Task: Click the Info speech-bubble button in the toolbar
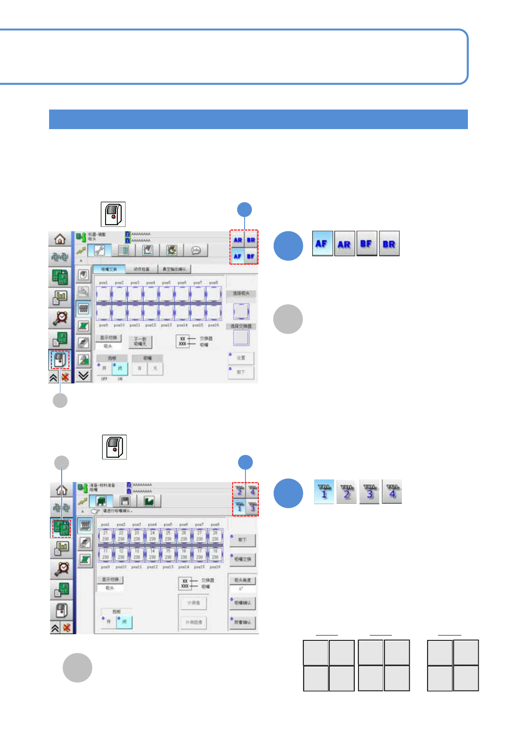pos(196,250)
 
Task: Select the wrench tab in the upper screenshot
pos(99,250)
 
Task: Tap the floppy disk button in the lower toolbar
pos(125,501)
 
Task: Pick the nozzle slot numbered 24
pos(152,536)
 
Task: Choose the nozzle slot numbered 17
pos(199,554)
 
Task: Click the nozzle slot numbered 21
pos(106,536)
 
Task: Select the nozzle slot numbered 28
pos(215,536)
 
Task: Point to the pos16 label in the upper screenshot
pos(213,325)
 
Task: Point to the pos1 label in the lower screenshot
pos(105,525)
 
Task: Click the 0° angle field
pos(242,589)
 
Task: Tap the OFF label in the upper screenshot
pos(104,379)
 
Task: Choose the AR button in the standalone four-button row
pos(344,244)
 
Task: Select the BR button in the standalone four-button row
pos(389,244)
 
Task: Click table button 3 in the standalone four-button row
pos(370,492)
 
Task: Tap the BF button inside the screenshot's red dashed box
pos(251,256)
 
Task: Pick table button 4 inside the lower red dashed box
pos(252,491)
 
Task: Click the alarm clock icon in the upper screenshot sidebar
pos(60,318)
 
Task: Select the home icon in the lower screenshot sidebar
pos(61,490)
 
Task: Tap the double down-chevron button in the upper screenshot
pos(83,376)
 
